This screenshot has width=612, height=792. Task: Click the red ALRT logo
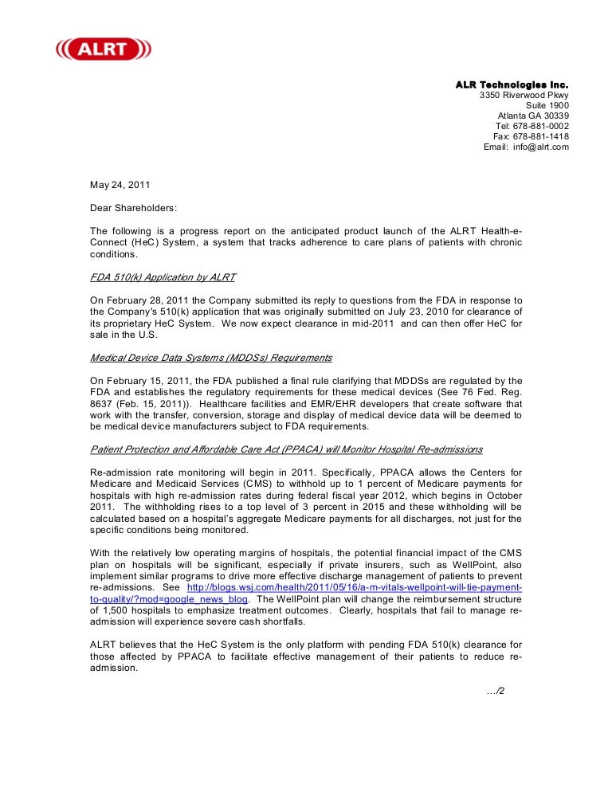[x=104, y=49]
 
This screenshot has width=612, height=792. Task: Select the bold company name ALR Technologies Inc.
[x=512, y=84]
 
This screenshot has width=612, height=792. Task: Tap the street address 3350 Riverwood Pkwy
[x=524, y=96]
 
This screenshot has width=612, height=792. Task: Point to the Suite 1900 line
[x=547, y=106]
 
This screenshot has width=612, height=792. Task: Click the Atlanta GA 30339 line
[x=533, y=116]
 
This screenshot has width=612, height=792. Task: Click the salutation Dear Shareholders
[x=134, y=208]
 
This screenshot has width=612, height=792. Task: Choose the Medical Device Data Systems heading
[x=210, y=358]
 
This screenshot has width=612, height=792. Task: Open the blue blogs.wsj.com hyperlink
[x=355, y=587]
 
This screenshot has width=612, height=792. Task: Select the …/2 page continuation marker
[x=495, y=691]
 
